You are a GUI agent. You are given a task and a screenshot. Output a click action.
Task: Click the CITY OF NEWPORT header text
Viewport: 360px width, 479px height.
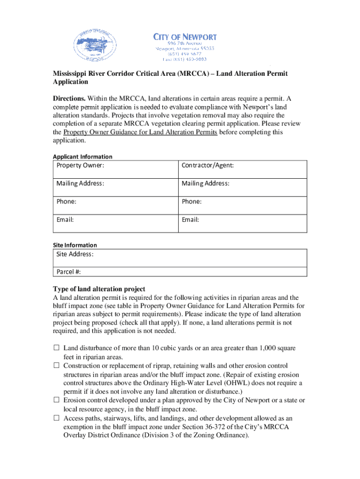tap(185, 36)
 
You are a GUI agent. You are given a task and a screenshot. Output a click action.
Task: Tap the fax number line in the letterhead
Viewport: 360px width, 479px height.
tap(185, 59)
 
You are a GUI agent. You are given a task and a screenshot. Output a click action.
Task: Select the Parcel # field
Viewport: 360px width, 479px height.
tap(180, 272)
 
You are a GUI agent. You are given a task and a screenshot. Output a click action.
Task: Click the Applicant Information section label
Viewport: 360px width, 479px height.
tap(82, 157)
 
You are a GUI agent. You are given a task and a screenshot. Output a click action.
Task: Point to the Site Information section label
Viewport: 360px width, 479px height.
tap(75, 245)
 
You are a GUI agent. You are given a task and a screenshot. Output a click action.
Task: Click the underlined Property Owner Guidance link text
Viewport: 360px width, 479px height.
tap(140, 132)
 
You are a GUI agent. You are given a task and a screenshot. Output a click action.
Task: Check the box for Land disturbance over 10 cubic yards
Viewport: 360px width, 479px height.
tap(56, 348)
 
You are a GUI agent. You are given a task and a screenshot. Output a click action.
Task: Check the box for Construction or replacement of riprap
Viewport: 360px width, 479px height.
tap(56, 365)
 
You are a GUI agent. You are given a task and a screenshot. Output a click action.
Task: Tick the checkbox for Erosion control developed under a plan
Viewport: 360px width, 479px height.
tap(56, 400)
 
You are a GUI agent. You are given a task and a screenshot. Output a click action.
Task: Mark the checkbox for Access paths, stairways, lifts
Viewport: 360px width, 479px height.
tap(56, 418)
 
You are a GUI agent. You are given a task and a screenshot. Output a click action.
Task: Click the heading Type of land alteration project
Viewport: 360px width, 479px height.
tap(99, 289)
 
